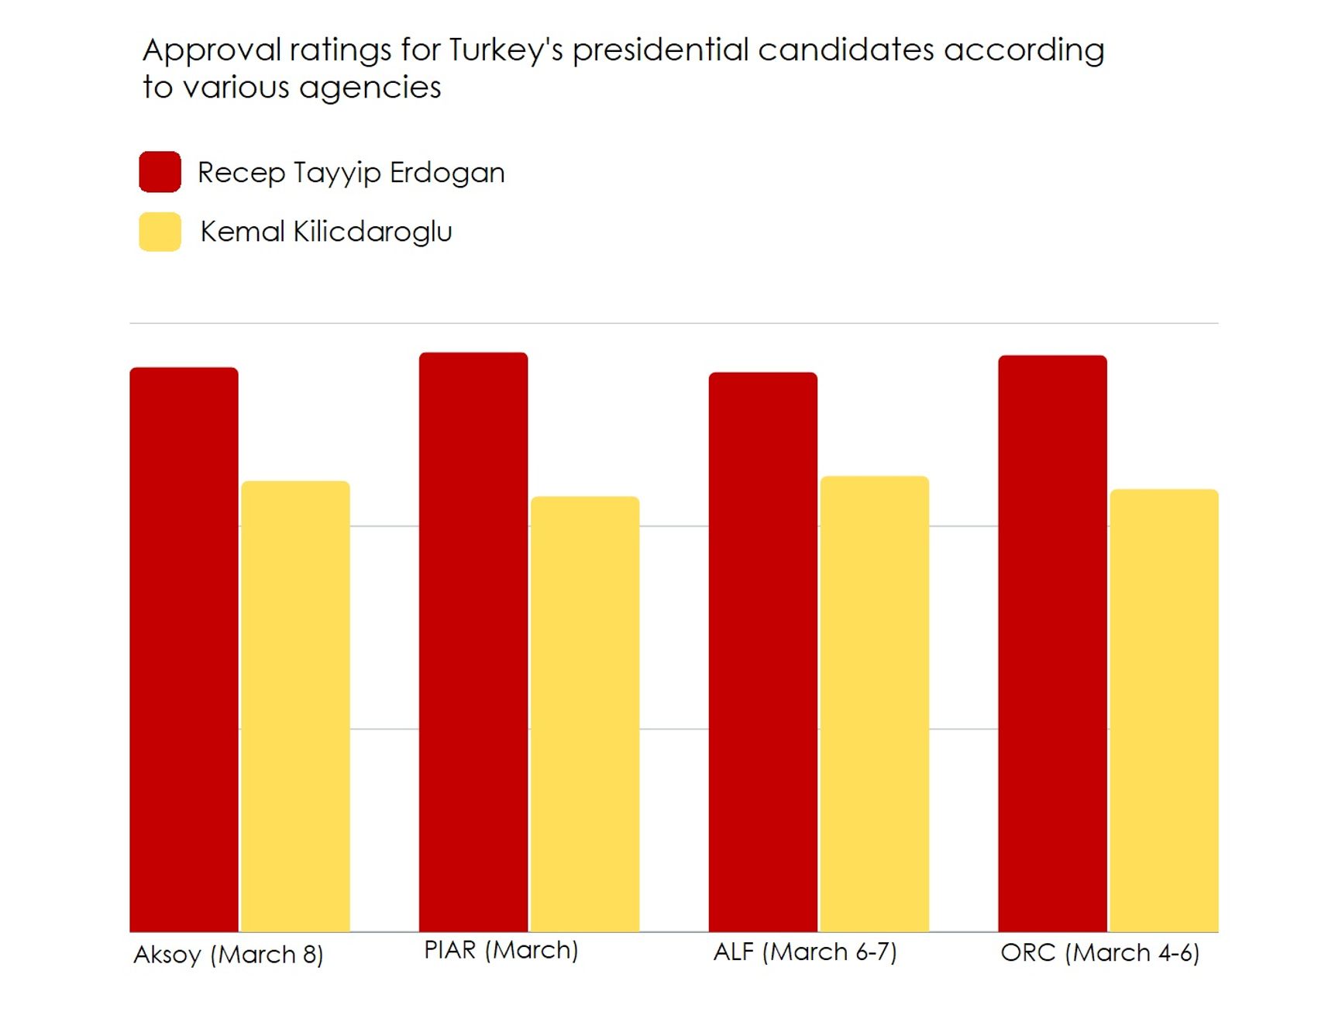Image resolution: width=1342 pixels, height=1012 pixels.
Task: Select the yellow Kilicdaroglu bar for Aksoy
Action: (295, 706)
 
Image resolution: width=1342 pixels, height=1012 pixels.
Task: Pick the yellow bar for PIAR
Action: (585, 714)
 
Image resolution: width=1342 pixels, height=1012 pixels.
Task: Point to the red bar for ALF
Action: (763, 652)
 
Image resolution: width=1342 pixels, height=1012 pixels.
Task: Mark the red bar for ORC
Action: (1052, 643)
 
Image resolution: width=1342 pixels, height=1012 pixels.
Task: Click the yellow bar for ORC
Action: (1164, 710)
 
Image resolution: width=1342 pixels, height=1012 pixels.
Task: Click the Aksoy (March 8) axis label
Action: (229, 955)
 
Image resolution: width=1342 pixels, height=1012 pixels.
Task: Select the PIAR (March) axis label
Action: (501, 950)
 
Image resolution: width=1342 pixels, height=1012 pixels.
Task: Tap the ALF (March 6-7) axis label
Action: (805, 952)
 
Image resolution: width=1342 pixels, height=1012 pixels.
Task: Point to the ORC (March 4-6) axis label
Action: (1100, 952)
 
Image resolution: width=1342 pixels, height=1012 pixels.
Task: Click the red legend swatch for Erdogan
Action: (160, 171)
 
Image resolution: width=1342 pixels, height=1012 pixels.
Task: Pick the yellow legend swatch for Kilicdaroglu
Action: (160, 232)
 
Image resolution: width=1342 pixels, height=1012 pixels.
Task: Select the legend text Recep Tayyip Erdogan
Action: (351, 172)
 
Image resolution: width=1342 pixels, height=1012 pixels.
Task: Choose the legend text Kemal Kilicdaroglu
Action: (326, 232)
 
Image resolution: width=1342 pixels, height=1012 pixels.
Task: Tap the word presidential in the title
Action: (661, 50)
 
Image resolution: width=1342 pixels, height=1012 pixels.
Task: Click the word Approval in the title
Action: (212, 50)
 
